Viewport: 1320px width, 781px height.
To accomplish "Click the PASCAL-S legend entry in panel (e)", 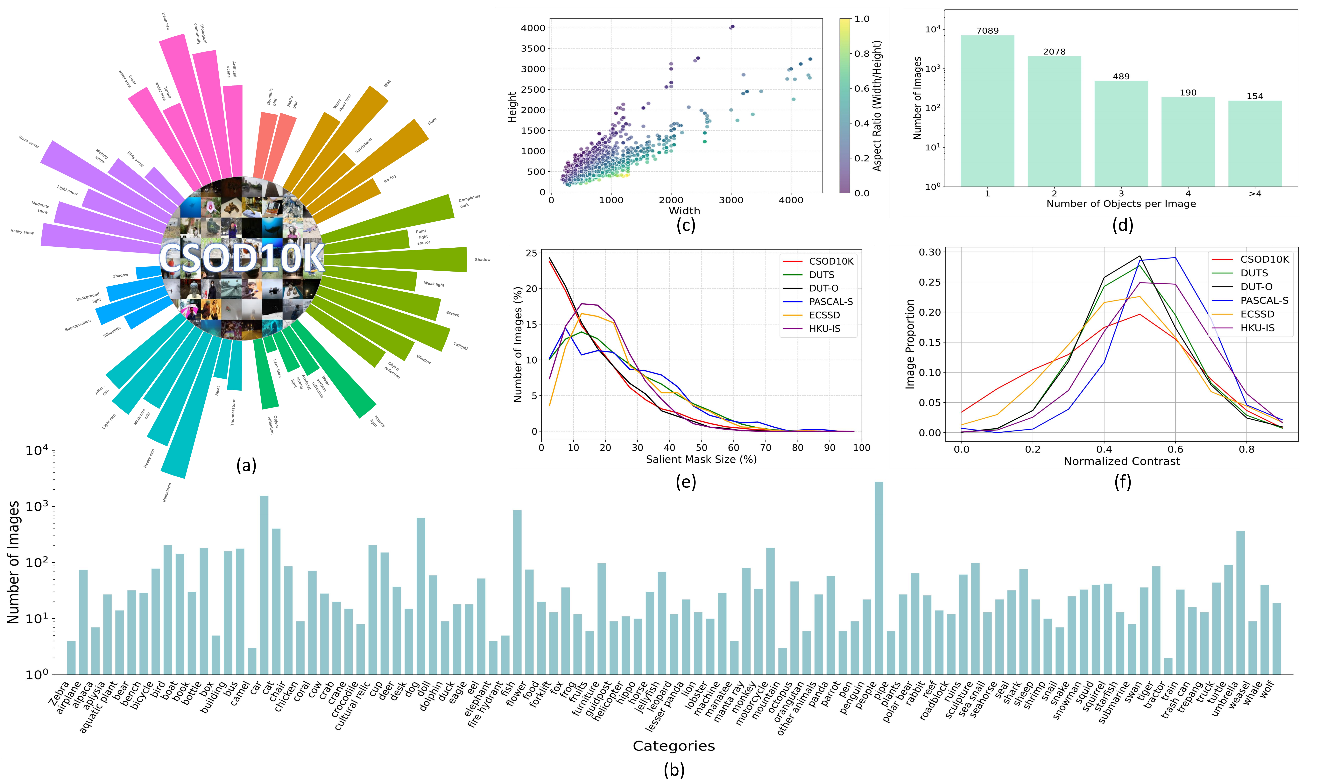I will coord(831,302).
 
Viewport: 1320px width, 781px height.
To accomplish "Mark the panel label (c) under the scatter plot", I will coord(686,225).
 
